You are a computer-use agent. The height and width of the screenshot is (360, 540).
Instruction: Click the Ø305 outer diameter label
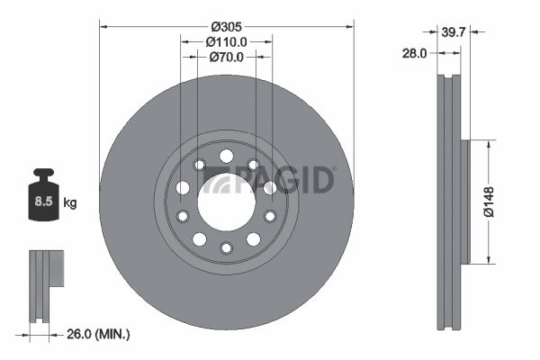click(226, 25)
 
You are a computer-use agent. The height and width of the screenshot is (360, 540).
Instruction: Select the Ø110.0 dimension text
click(226, 41)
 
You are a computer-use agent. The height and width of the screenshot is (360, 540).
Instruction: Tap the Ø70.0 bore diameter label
click(226, 58)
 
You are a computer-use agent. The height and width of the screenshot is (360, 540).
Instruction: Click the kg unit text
click(69, 203)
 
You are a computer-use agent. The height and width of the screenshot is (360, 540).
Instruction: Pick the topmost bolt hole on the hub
click(226, 157)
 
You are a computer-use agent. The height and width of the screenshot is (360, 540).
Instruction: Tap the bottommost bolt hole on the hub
click(226, 247)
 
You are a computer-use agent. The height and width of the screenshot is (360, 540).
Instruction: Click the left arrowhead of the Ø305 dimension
click(102, 25)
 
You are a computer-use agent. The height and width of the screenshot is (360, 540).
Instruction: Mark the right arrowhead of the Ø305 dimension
click(350, 25)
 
